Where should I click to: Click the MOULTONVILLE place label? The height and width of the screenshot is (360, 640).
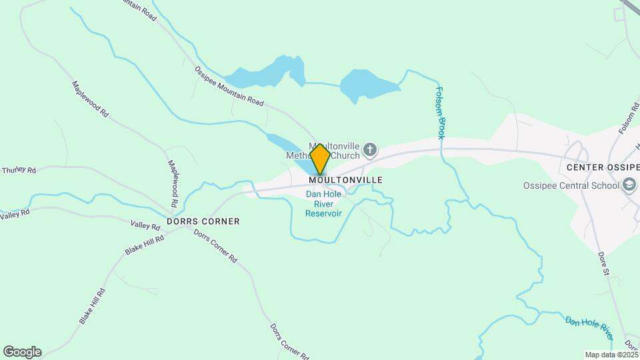point(345,180)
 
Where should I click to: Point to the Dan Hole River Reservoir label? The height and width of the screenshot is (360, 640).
point(324,204)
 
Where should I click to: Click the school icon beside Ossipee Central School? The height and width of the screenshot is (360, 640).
point(629,185)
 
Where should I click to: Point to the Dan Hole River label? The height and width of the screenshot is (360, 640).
point(589,325)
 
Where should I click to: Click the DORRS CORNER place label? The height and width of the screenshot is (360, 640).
point(203,221)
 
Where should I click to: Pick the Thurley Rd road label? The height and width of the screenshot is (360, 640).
point(18,170)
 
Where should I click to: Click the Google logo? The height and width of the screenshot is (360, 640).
point(21,352)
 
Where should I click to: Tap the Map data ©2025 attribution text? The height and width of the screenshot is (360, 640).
point(611,355)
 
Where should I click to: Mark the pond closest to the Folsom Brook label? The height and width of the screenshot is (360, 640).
point(367,85)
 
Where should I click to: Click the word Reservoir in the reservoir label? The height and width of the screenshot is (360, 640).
point(324,213)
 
